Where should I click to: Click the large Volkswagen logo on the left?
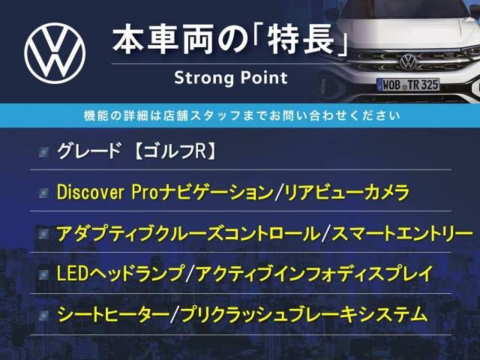pos(55,53)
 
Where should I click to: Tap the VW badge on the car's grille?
pos(408,61)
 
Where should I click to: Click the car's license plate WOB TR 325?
pos(408,85)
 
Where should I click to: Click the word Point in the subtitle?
pos(264,77)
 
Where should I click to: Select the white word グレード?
pos(88,151)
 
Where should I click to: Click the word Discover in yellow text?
pos(90,193)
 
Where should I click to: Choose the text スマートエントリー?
pos(402,234)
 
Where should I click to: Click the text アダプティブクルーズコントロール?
pos(188,234)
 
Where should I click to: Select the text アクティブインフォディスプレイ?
pos(314,274)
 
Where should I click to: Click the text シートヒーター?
pos(113,314)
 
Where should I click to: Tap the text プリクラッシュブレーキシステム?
pos(304,314)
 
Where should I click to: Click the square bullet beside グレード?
pos(43,151)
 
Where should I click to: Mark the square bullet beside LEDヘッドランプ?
pos(43,274)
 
